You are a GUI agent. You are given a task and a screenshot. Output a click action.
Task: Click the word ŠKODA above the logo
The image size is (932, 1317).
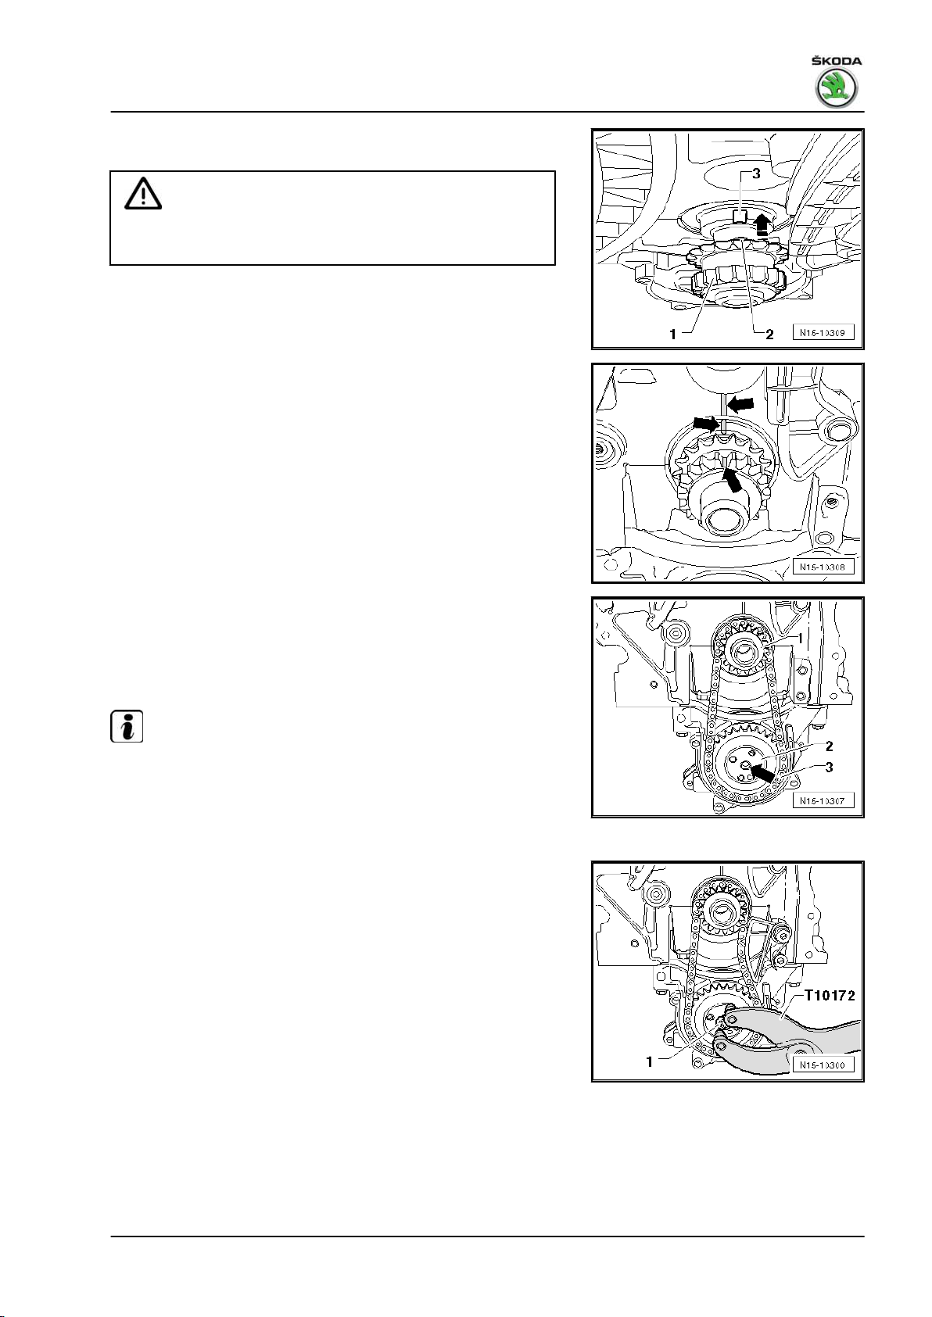click(x=837, y=61)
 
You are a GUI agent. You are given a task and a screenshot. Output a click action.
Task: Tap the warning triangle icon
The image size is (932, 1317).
click(x=142, y=193)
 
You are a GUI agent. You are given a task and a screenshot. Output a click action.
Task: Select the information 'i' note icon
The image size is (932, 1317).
click(x=127, y=727)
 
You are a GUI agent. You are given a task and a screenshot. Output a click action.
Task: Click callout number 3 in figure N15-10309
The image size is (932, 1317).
click(x=755, y=174)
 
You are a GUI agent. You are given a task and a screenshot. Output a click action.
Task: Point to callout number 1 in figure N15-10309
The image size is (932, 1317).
click(x=672, y=334)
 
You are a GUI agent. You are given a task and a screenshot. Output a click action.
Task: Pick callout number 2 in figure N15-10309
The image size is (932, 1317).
click(x=769, y=334)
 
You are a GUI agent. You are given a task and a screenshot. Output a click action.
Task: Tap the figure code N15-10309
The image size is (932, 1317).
click(x=824, y=332)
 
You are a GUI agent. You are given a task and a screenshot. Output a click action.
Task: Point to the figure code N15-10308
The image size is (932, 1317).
click(x=824, y=566)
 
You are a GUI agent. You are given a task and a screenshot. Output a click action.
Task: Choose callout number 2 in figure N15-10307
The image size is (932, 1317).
click(x=829, y=746)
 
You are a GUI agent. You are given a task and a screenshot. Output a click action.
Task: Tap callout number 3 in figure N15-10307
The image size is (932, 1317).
click(x=829, y=767)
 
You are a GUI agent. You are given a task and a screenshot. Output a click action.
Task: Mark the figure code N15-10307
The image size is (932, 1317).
click(x=824, y=800)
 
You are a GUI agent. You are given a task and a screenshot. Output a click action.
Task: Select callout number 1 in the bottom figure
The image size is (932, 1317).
click(x=649, y=1063)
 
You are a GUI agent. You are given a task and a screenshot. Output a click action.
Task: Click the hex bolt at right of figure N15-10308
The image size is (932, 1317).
click(x=841, y=429)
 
